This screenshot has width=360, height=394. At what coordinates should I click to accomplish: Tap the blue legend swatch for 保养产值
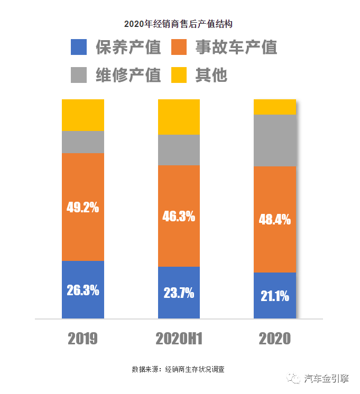[x=79, y=48]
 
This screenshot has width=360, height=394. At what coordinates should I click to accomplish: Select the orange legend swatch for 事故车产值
[x=180, y=48]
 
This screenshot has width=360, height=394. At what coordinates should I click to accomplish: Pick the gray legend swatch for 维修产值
[x=79, y=75]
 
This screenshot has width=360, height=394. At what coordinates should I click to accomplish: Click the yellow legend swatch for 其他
[x=180, y=75]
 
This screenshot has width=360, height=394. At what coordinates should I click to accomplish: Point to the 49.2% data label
[x=82, y=207]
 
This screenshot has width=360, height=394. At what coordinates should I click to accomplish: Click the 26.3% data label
[x=82, y=290]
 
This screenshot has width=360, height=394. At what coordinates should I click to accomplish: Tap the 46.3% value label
[x=179, y=216]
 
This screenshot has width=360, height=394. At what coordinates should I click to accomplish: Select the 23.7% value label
[x=179, y=293]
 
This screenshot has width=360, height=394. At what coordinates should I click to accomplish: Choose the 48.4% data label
[x=275, y=219]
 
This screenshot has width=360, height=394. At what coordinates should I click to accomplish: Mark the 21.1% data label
[x=275, y=296]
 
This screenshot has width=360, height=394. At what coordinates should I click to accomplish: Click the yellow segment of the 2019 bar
[x=82, y=115]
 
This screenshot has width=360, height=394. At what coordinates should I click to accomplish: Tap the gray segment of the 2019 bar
[x=82, y=142]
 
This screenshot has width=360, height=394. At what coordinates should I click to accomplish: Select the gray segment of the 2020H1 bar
[x=179, y=150]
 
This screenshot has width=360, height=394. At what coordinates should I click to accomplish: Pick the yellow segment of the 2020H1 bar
[x=179, y=117]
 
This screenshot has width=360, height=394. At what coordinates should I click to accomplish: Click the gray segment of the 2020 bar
[x=275, y=140]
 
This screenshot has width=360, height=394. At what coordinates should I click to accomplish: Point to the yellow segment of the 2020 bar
[x=275, y=107]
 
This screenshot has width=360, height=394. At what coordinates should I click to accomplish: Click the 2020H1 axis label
[x=179, y=339]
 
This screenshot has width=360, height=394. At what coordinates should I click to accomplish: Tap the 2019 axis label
[x=82, y=339]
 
